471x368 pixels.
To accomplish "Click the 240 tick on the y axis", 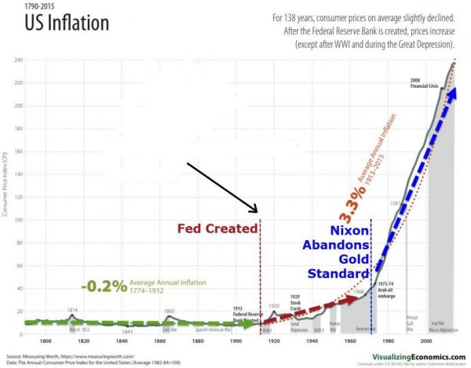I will pos(18,60).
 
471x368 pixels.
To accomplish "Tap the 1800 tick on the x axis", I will pos(46,341).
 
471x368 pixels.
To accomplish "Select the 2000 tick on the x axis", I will pos(425,341).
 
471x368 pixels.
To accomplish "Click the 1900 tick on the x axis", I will pos(235,341).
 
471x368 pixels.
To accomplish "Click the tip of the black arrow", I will pos(256,212).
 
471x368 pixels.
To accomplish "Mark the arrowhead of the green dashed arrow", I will pos(249,322).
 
